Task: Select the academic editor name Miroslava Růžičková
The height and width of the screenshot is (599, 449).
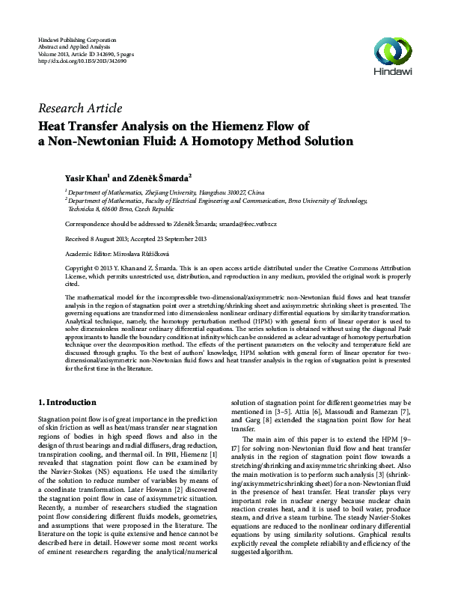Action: pyautogui.click(x=144, y=253)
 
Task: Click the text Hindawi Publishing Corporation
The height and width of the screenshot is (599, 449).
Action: pyautogui.click(x=76, y=38)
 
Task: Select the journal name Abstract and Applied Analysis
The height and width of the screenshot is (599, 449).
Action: pyautogui.click(x=76, y=46)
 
